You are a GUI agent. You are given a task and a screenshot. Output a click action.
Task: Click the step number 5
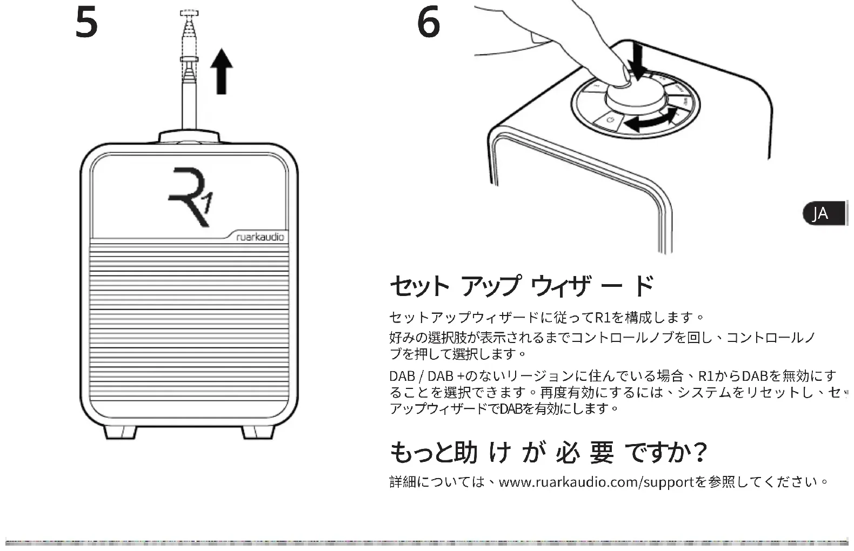tap(86, 23)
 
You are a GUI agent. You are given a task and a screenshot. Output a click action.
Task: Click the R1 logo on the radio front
tap(190, 197)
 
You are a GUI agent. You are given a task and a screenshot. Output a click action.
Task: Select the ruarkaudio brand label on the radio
tap(260, 237)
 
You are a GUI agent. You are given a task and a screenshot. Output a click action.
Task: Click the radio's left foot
tap(119, 432)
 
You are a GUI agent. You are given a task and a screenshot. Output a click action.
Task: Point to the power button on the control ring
tap(610, 119)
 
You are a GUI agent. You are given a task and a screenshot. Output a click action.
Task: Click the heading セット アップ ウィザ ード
tap(522, 286)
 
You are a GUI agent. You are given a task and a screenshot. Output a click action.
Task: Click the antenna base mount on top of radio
tap(189, 136)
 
